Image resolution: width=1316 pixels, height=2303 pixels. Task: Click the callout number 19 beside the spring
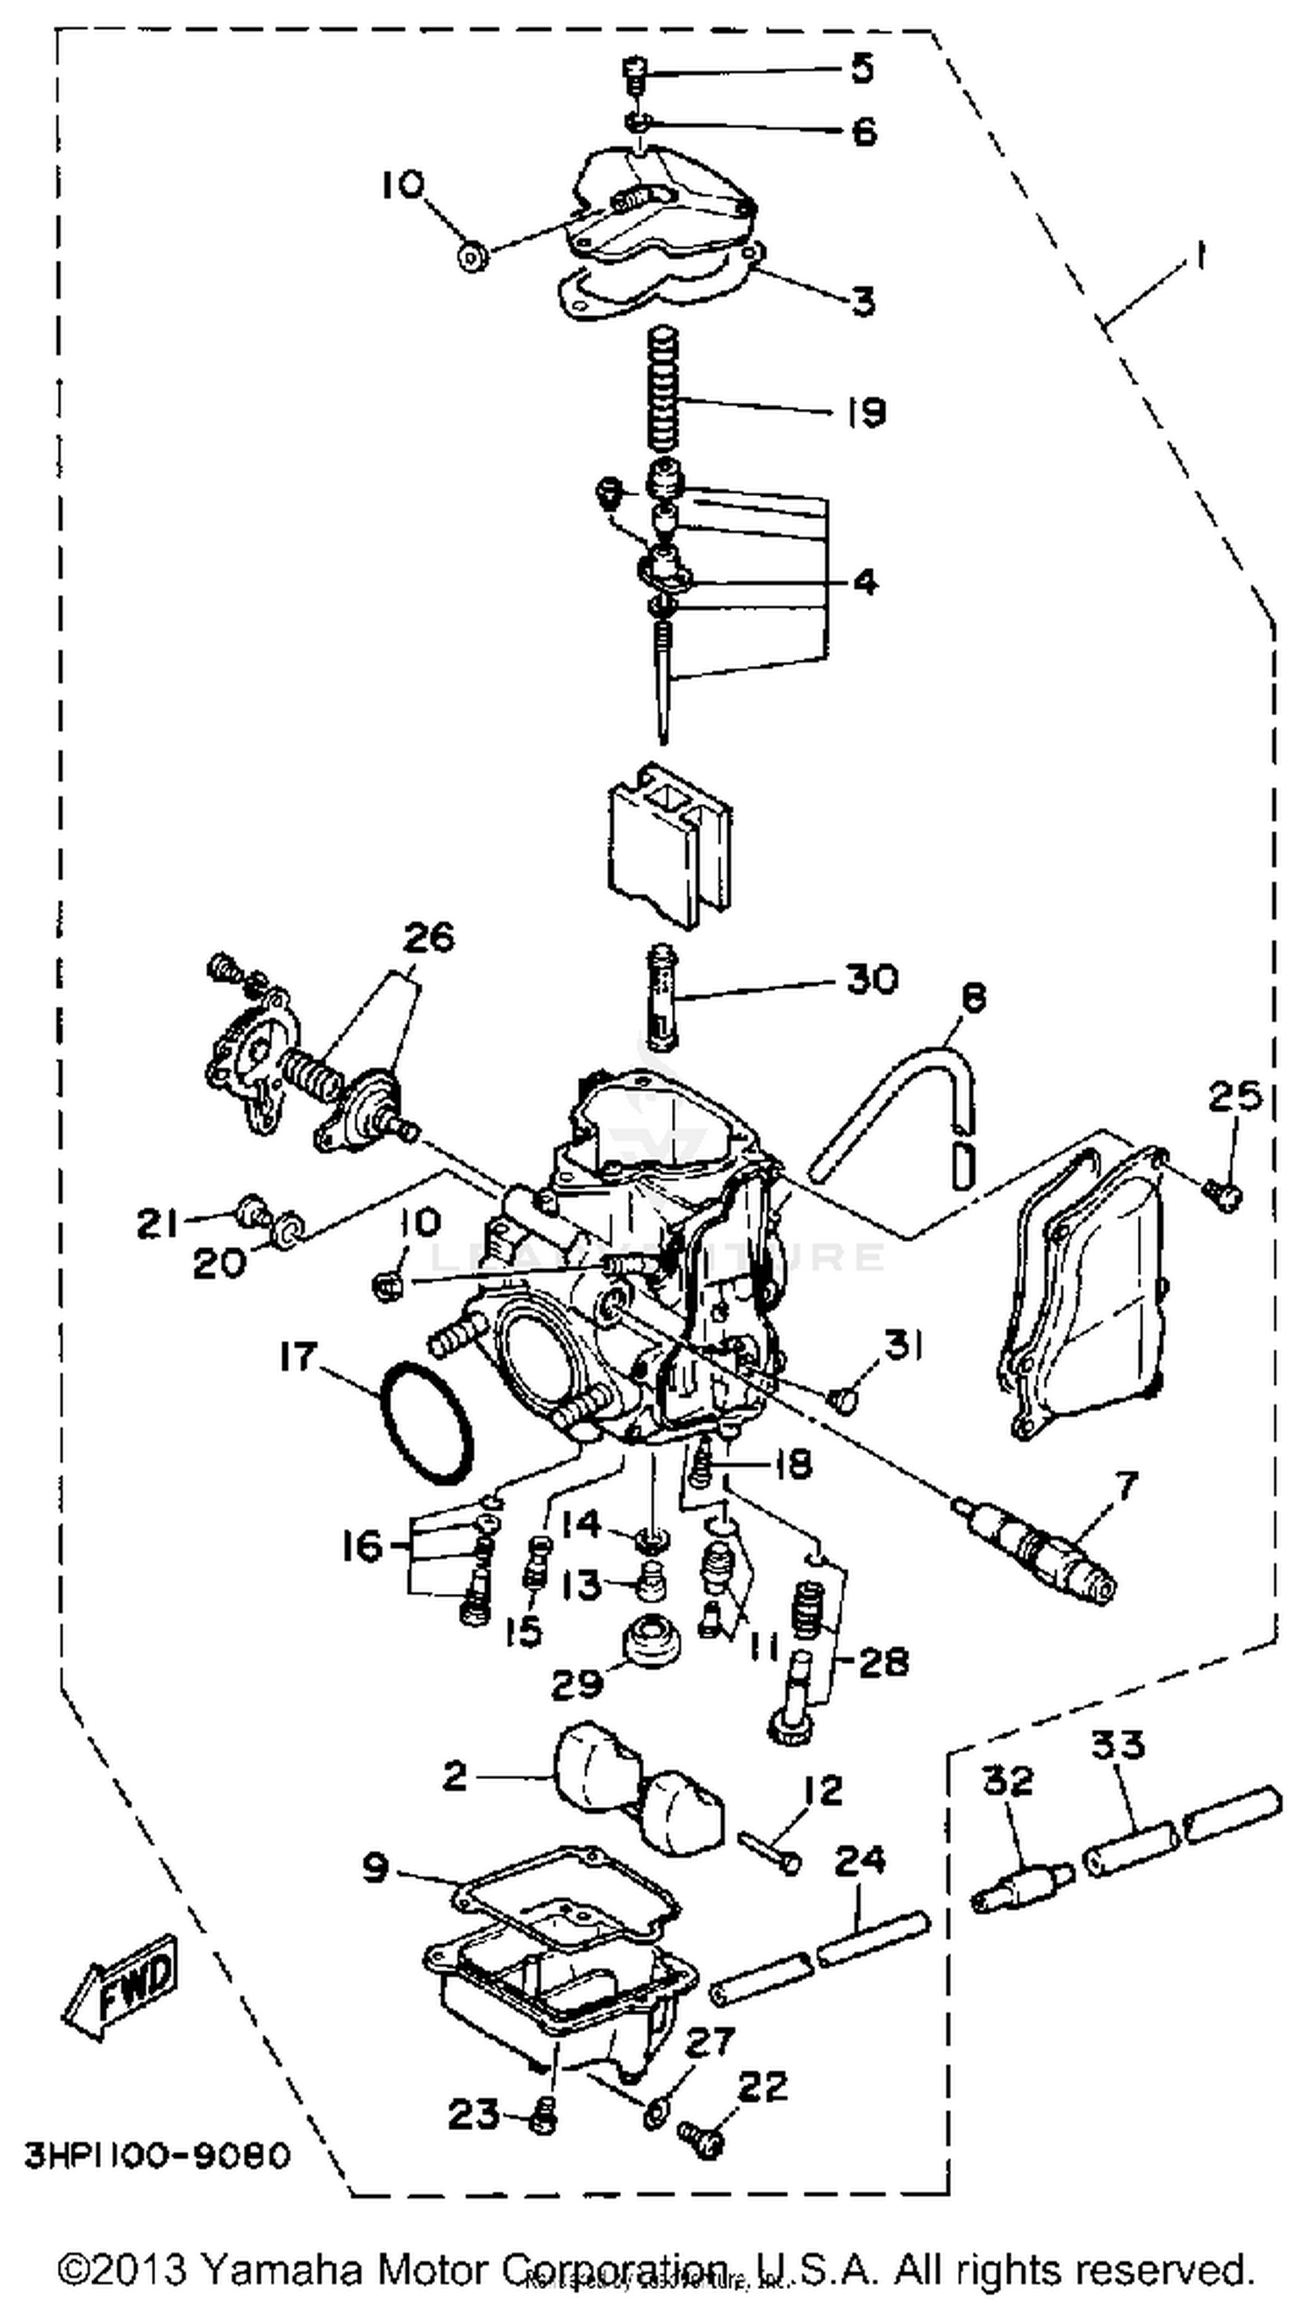tap(865, 413)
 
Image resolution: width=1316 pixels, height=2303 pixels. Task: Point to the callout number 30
tap(871, 979)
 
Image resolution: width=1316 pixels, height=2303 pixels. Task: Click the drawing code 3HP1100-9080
tap(157, 2155)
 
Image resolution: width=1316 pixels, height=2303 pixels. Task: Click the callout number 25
tap(1234, 1098)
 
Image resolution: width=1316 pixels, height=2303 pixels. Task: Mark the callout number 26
tap(428, 938)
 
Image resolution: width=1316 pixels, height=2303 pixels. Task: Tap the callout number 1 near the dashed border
tap(1198, 259)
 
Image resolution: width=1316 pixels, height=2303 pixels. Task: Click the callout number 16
tap(362, 1546)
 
